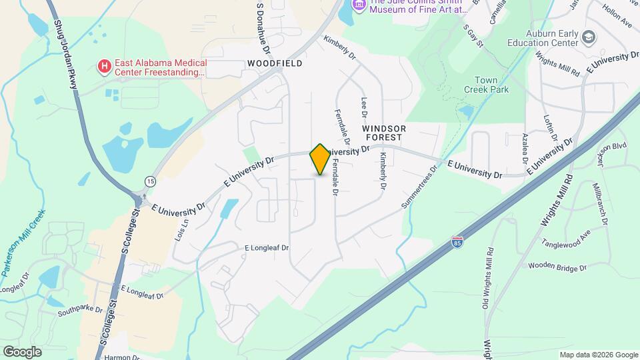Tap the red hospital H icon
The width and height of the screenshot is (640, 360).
104,66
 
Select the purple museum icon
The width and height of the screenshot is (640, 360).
359,5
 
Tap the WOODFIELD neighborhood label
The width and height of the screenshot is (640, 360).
275,63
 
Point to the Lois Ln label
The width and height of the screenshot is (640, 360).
181,229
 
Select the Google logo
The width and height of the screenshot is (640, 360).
22,352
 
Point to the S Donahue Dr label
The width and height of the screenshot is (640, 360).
263,28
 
